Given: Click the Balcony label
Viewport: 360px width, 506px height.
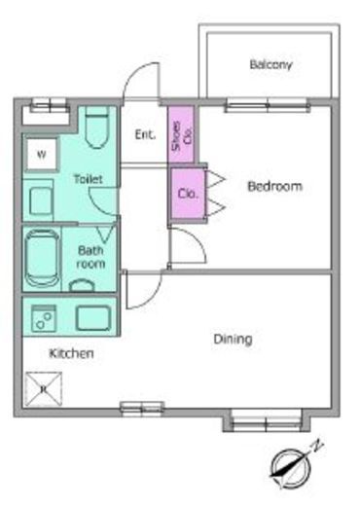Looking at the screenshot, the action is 270,64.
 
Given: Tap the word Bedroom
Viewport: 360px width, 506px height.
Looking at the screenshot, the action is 274,186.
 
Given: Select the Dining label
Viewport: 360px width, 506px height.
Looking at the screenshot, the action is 233,340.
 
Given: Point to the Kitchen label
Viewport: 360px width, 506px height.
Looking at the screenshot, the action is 71,353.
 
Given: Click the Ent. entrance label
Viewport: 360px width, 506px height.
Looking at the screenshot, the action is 145,134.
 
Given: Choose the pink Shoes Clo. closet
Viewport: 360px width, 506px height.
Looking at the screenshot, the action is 181,134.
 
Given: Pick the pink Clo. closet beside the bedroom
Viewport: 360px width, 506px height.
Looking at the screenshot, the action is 188,194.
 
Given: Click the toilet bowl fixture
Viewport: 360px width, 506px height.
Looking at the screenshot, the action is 97,127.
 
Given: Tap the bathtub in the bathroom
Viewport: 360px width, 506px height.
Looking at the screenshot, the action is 42,258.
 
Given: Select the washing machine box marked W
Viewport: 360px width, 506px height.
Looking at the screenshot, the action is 42,155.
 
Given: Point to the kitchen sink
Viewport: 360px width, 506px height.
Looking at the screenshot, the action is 93,318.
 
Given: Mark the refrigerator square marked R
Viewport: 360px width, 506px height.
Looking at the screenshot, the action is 44,388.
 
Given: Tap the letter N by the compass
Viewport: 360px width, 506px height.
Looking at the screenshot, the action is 317,447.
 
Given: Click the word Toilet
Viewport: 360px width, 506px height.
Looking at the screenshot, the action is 88,179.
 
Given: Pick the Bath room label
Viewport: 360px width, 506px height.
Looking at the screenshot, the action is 90,257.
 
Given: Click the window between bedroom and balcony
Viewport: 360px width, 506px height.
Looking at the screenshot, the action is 268,106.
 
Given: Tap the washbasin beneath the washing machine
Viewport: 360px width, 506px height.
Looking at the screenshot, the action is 41,201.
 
